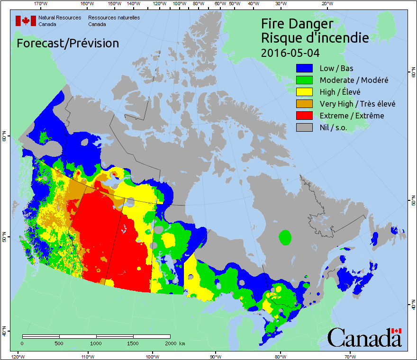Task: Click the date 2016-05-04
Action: tap(290, 53)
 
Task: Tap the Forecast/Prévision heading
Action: tap(68, 44)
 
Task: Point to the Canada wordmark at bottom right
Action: tap(364, 337)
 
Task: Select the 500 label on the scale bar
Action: tap(59, 343)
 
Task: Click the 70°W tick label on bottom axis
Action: tap(350, 356)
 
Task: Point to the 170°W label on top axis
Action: tap(41, 4)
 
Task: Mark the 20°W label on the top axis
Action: tap(326, 4)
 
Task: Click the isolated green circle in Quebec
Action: tap(285, 236)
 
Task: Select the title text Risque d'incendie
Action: tap(315, 38)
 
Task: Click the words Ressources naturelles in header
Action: tap(114, 18)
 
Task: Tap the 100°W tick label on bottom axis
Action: tap(152, 356)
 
